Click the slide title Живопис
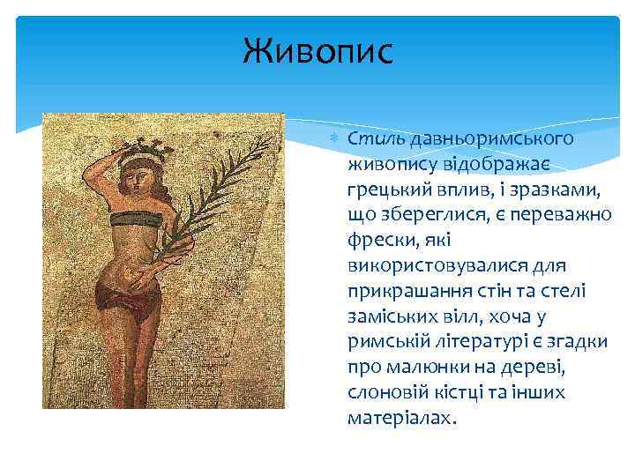click(x=318, y=52)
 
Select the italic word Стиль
click(x=371, y=138)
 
